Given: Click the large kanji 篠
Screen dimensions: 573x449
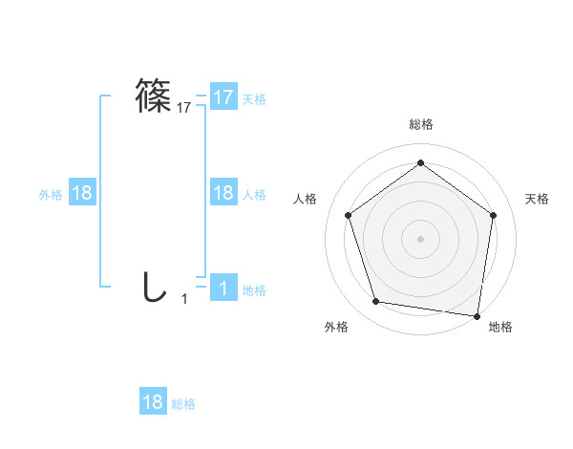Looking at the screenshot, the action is point(154,96).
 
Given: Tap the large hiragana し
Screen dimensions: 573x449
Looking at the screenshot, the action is point(153,288).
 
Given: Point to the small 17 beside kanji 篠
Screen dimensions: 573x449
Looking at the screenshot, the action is point(184,108).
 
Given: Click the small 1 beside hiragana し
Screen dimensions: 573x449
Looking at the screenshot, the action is point(184,299).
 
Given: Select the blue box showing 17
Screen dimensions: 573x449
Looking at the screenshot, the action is point(223,97).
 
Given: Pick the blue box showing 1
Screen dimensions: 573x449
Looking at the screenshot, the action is point(223,289).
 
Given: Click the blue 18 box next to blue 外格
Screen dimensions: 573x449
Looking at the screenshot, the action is point(82,193).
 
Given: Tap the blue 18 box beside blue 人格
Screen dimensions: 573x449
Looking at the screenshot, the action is point(223,193).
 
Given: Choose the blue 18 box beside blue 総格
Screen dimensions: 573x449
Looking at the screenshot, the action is point(153,402).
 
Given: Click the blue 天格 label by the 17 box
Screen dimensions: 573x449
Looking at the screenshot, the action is point(254,98).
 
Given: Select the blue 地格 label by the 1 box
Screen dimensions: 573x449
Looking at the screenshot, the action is point(254,289).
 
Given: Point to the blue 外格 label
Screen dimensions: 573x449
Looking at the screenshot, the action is point(51,194).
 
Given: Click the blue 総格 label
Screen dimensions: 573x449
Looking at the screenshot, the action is point(183,403).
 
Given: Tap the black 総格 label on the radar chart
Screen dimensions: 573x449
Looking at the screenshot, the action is point(420,125).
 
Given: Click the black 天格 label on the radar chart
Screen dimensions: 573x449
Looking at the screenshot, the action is point(538,199).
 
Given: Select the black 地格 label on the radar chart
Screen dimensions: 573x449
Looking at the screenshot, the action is point(500,327).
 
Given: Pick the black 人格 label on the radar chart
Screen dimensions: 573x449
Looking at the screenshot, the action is point(305,199).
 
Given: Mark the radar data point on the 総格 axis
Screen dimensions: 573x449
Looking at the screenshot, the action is point(420,163).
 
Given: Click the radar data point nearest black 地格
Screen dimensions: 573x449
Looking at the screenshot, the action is point(477,315).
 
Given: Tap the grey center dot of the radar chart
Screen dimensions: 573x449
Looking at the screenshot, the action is point(420,238).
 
